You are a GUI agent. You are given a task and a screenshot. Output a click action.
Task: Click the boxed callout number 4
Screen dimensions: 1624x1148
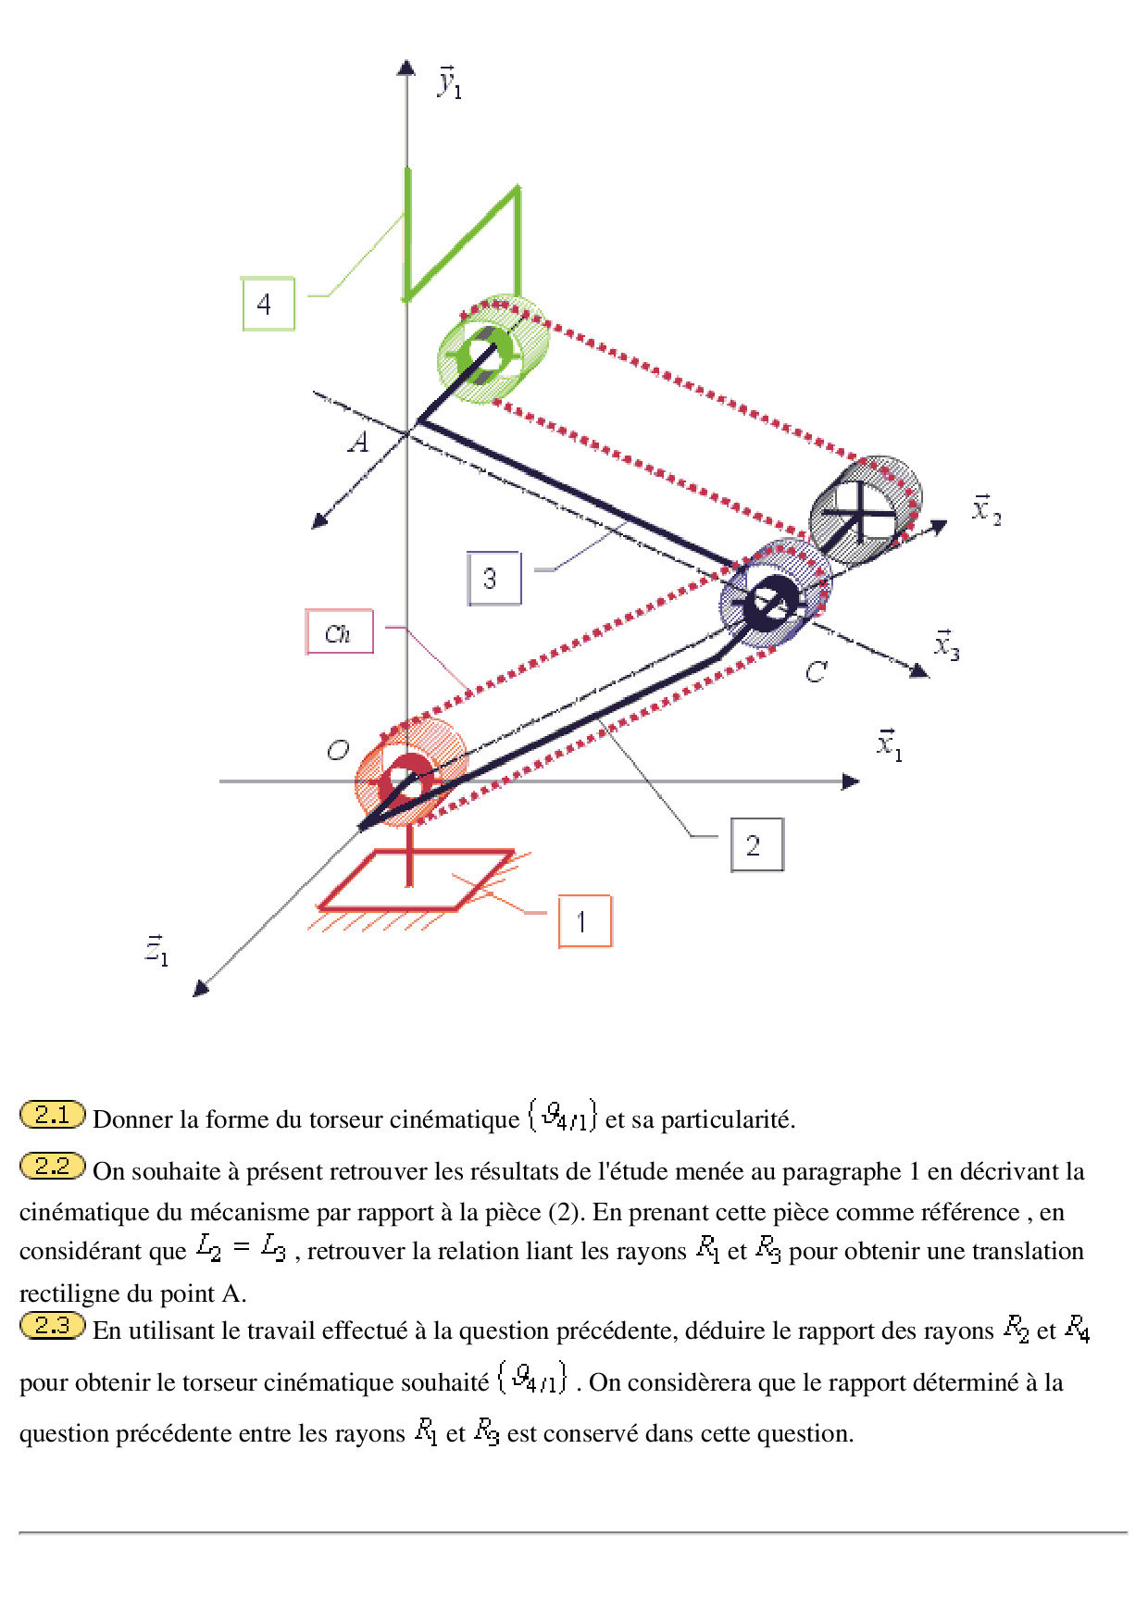(268, 304)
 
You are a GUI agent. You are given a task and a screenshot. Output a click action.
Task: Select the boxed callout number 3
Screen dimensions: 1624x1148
(493, 579)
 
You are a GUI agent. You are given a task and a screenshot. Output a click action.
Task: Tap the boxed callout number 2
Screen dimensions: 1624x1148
(756, 844)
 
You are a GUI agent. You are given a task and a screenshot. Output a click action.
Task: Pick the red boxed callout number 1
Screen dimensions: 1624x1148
(584, 921)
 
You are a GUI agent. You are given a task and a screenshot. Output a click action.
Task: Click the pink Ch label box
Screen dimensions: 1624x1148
(339, 632)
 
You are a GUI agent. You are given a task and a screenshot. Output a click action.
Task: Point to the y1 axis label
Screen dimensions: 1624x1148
(449, 82)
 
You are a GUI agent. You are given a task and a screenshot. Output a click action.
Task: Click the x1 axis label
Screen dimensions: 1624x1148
(889, 743)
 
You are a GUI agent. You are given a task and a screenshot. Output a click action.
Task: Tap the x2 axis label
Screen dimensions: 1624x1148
(985, 509)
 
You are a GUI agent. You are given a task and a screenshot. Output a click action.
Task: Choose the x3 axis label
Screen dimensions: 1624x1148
(946, 644)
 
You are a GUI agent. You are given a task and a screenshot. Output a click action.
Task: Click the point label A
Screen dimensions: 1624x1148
(358, 443)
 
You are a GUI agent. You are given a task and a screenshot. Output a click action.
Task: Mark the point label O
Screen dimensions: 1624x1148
(338, 750)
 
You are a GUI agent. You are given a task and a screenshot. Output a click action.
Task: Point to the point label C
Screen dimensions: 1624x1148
(815, 671)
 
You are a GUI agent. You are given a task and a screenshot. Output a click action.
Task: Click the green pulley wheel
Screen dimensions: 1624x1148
(492, 348)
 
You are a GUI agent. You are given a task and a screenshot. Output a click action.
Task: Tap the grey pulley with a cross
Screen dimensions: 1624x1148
(865, 510)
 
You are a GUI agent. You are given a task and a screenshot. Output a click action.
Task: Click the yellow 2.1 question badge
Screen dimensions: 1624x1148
(52, 1115)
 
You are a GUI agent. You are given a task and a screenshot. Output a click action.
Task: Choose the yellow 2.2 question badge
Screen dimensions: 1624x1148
(52, 1167)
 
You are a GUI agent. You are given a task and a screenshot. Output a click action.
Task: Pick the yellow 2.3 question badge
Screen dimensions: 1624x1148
(52, 1326)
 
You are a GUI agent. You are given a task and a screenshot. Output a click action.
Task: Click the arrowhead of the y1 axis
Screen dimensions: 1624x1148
(406, 67)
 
